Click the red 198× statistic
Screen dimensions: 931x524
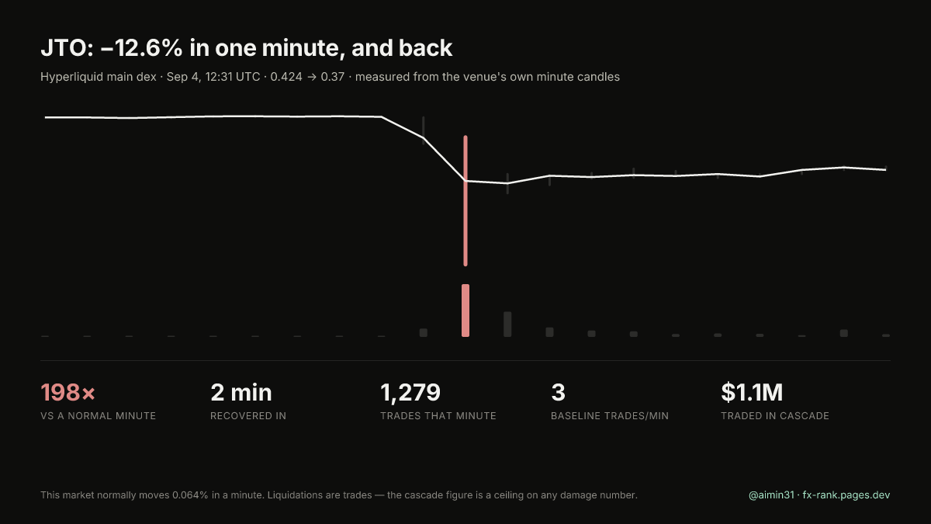pos(67,392)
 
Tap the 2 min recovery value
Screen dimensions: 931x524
pos(241,392)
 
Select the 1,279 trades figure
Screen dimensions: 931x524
pos(410,393)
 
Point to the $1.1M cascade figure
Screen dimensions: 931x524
pos(752,392)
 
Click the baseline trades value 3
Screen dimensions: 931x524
pos(558,392)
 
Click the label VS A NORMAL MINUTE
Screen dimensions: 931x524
pos(98,416)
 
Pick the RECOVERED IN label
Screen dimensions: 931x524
pos(248,416)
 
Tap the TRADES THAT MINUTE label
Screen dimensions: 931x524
pos(438,416)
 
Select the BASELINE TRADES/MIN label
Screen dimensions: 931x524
pos(610,416)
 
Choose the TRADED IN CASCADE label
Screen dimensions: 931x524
pos(775,416)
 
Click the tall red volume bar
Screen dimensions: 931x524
pos(465,311)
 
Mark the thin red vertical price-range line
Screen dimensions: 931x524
pos(465,200)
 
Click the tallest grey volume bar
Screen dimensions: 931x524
pos(507,324)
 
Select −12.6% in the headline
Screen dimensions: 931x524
pos(141,48)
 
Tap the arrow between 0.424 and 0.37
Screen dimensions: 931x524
pos(312,78)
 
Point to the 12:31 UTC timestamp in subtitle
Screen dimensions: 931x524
pos(232,77)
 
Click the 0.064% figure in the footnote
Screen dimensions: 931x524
pos(190,495)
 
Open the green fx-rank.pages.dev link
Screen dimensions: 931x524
pos(846,495)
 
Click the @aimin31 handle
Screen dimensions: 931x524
pos(771,495)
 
